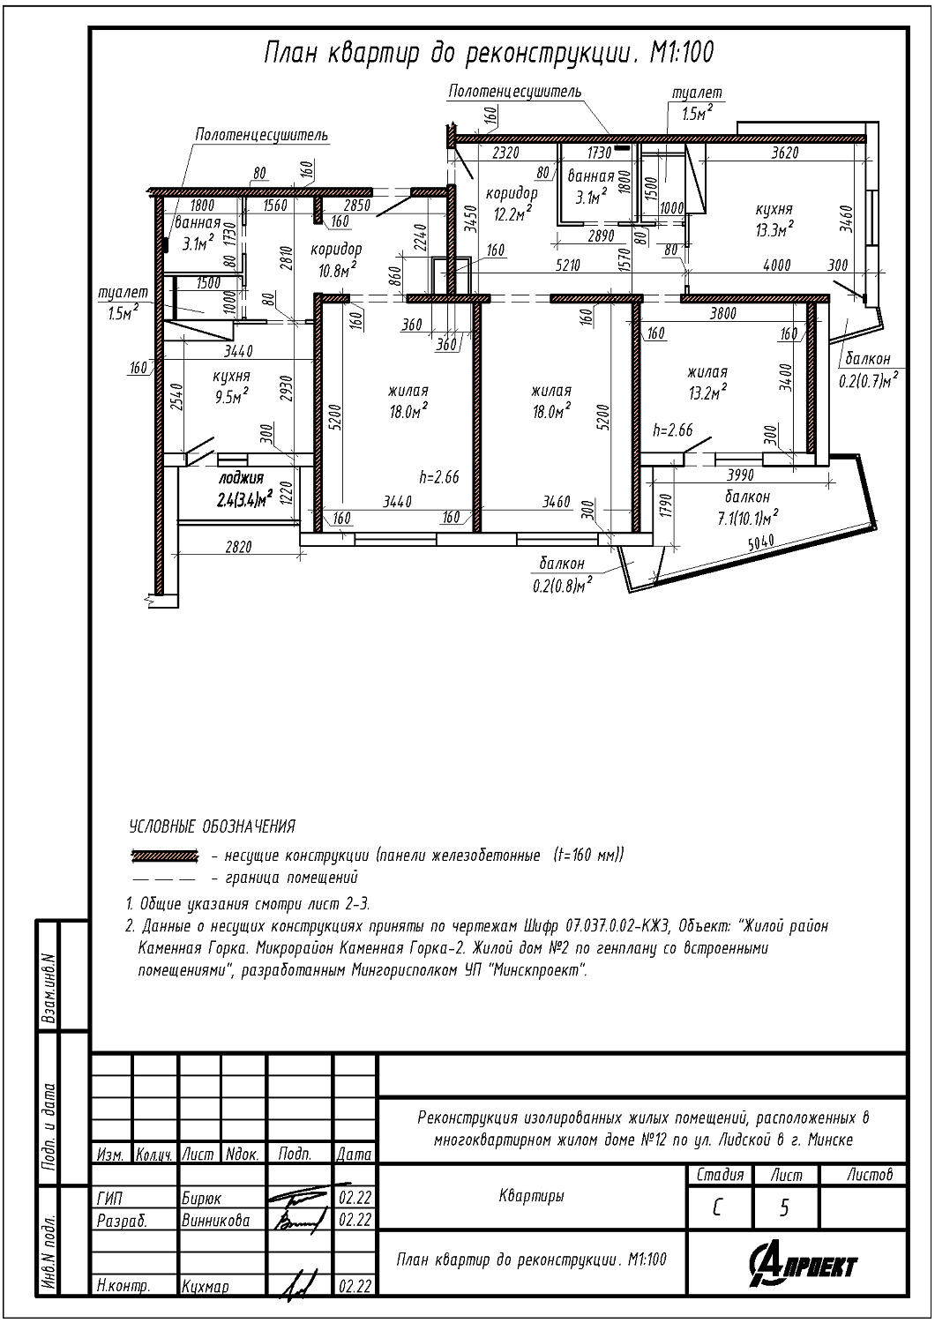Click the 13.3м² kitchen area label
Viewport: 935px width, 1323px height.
774,220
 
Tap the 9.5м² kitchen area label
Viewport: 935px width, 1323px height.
232,386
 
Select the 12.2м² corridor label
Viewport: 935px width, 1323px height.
511,203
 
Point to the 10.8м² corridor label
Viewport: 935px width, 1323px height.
336,260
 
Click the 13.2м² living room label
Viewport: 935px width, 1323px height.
707,383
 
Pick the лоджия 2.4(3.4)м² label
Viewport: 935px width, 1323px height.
243,490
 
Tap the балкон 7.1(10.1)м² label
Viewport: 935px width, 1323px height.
747,508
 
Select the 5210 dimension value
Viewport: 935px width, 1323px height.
567,265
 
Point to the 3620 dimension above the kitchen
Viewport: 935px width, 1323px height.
786,153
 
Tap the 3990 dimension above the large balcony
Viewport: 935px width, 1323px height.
740,475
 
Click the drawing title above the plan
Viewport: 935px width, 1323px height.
489,53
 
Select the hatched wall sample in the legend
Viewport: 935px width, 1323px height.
165,855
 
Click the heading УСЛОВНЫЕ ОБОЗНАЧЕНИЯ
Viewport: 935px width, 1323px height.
212,826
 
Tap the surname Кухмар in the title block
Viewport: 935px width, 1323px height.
205,1285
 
